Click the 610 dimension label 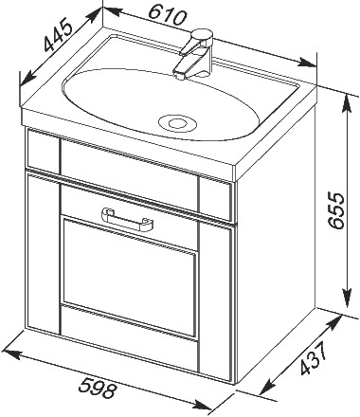[x=168, y=16]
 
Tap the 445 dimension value [x=58, y=35]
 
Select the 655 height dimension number [x=335, y=209]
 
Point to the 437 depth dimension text [x=314, y=359]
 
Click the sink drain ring [x=177, y=123]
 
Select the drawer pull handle [x=127, y=219]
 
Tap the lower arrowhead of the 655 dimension [x=348, y=298]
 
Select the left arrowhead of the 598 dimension [x=11, y=354]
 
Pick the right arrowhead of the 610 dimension [x=307, y=62]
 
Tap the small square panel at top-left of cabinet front [x=44, y=150]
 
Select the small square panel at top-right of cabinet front [x=215, y=198]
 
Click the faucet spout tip [x=179, y=75]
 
